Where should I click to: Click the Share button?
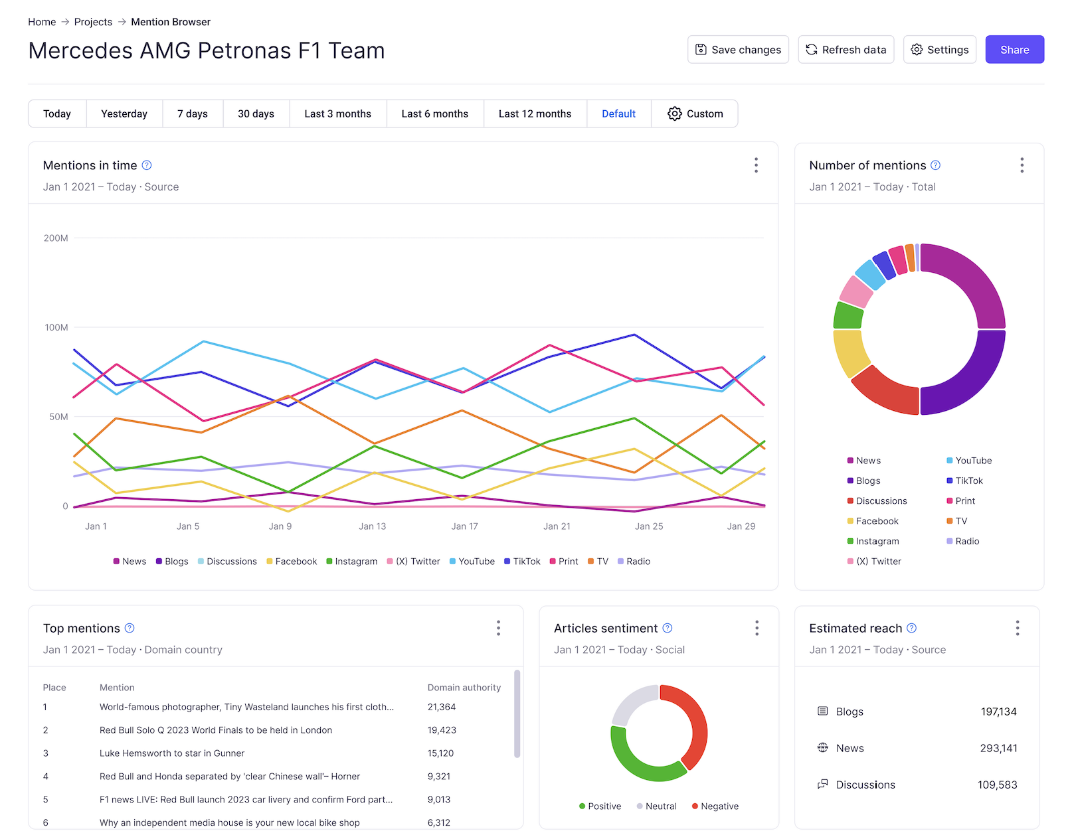point(1014,50)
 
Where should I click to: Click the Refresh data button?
point(846,50)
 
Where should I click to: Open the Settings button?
point(939,50)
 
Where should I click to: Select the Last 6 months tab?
point(434,114)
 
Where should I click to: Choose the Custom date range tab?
point(695,114)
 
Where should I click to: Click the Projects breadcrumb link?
point(93,22)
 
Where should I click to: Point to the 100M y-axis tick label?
point(56,327)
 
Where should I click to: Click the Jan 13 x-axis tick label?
point(372,526)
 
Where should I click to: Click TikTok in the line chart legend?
point(522,562)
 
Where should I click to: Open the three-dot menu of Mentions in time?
point(756,165)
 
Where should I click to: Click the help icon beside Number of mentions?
point(935,165)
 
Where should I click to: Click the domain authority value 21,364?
point(442,707)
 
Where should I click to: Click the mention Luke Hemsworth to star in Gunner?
point(172,753)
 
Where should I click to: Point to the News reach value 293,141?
point(998,748)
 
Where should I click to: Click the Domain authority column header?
point(464,688)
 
